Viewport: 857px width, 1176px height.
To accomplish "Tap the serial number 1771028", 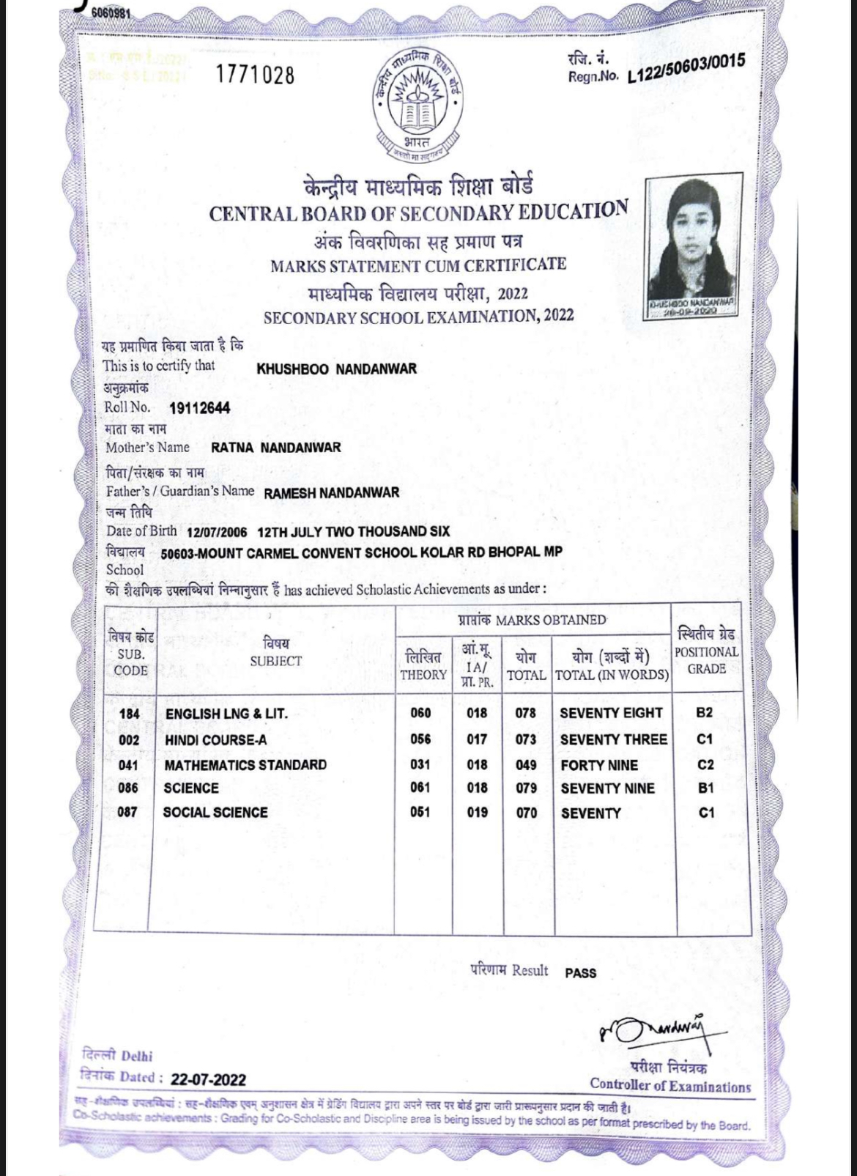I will tap(255, 75).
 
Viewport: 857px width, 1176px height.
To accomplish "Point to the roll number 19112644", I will tap(199, 408).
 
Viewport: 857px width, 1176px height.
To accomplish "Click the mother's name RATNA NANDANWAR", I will tap(275, 447).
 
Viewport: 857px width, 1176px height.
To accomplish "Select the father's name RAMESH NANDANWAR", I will tap(331, 493).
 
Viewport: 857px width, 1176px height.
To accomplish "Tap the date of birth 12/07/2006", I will tap(217, 531).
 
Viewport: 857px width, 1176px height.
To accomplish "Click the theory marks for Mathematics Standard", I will tap(420, 764).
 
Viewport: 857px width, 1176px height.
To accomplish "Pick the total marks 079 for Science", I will tap(526, 788).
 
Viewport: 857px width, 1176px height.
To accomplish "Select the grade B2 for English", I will tap(705, 713).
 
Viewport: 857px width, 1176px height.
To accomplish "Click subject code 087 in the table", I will tap(127, 812).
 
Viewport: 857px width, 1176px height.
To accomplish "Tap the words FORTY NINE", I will tap(599, 765).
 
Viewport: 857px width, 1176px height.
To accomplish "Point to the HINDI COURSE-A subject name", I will tap(215, 740).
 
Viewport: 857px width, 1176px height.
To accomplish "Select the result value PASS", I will tap(580, 973).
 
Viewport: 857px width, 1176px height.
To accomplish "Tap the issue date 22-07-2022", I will tap(208, 1080).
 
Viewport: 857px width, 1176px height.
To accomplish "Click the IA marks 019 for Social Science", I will tap(477, 812).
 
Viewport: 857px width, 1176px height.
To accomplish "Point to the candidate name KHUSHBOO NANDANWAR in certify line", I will tap(336, 369).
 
